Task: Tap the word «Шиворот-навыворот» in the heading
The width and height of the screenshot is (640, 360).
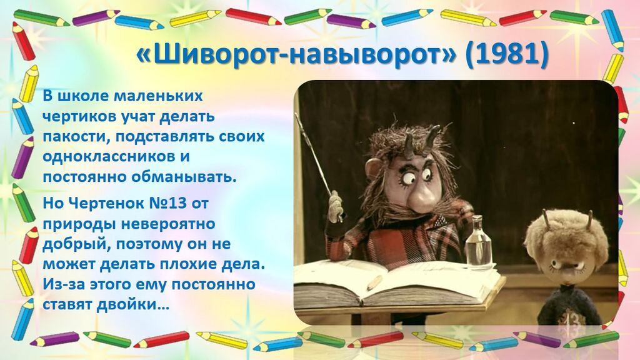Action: pyautogui.click(x=296, y=54)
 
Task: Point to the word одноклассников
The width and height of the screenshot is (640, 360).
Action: pyautogui.click(x=107, y=157)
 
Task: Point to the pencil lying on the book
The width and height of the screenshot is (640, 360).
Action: pyautogui.click(x=374, y=282)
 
